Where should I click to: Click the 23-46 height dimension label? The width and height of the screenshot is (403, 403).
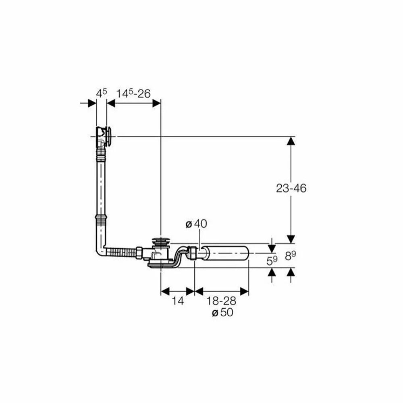[x=291, y=188]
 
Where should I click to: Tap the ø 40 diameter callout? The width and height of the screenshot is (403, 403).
[x=196, y=224]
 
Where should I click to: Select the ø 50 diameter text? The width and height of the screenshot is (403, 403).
[x=222, y=313]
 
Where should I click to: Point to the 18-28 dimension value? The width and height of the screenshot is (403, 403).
[x=221, y=301]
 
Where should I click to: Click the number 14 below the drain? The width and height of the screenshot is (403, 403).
[x=178, y=301]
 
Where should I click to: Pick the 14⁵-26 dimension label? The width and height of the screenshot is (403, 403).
[x=134, y=93]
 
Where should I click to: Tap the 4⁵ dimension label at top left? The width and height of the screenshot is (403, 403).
[x=101, y=93]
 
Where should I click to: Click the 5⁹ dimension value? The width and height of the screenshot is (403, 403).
[x=272, y=261]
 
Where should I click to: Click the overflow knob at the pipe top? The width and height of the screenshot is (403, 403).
[x=109, y=137]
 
